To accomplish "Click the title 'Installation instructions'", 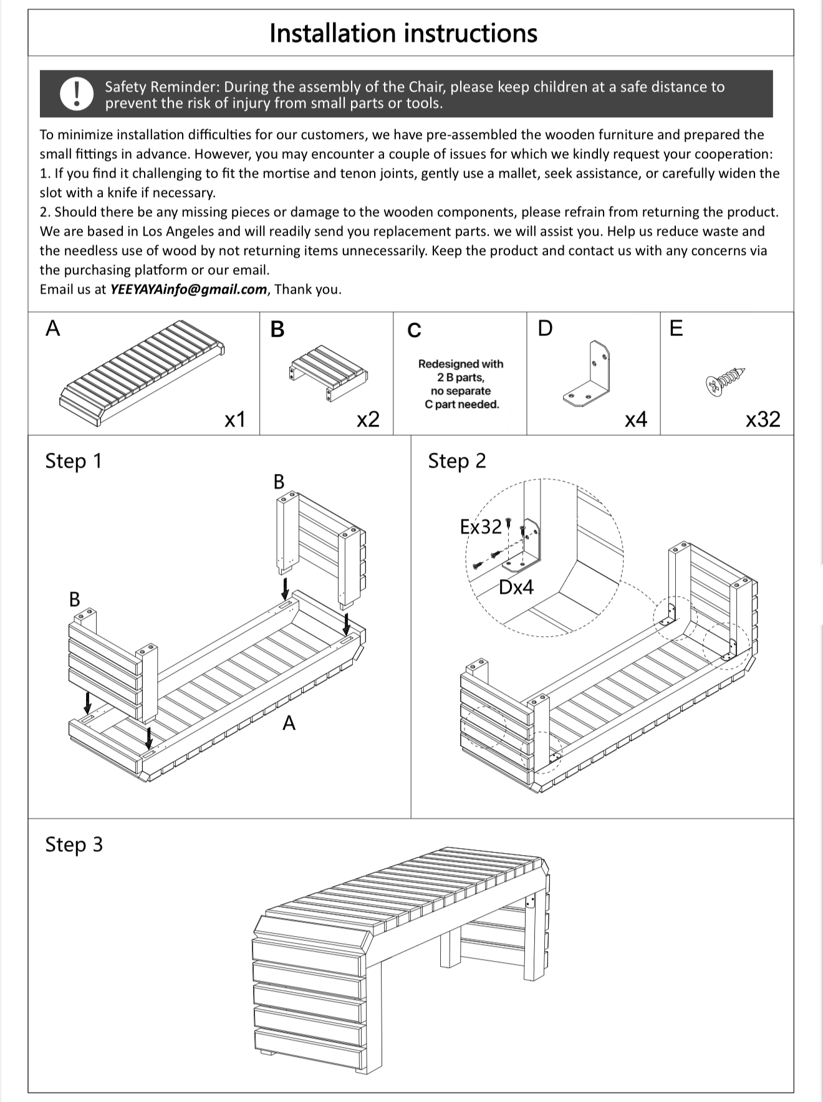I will click(x=403, y=33).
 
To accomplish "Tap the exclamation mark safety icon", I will click(x=77, y=94).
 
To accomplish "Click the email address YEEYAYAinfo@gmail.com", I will click(x=188, y=289).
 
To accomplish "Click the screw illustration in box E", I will click(x=726, y=380).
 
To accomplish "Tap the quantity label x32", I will click(x=763, y=419).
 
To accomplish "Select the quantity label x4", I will click(x=635, y=420).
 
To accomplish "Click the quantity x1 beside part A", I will click(x=234, y=420).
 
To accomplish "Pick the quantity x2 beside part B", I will click(x=368, y=420).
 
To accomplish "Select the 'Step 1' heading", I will click(x=73, y=461).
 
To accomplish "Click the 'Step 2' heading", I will click(x=456, y=461).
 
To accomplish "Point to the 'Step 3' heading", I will click(x=74, y=844).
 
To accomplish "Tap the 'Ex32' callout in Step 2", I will click(x=480, y=527).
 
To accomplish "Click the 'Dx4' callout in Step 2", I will click(x=516, y=587).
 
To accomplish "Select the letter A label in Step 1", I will click(x=289, y=723).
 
